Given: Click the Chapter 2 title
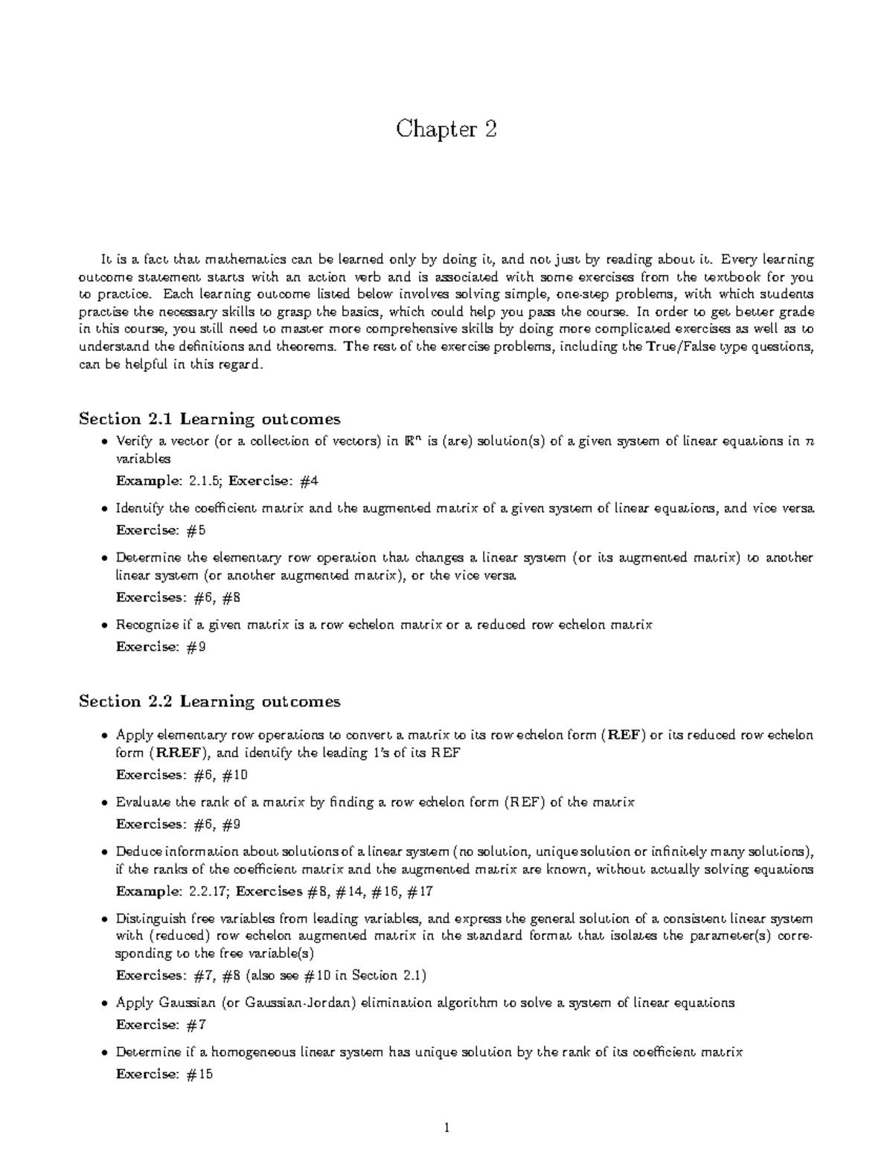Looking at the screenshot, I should [446, 129].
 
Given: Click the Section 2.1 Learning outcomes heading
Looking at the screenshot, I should [209, 419].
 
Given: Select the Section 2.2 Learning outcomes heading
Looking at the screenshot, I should [209, 701].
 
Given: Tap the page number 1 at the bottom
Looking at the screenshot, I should [446, 1128].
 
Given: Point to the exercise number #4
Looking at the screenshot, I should [308, 481].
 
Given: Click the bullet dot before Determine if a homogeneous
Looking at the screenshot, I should [104, 1053].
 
